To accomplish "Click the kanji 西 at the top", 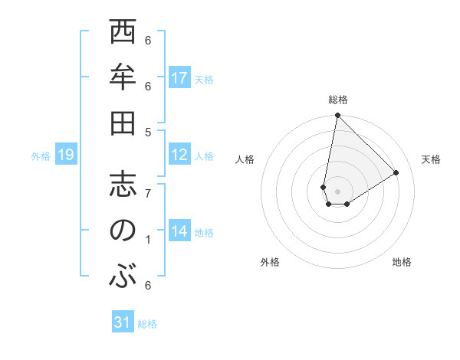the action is pos(123,34).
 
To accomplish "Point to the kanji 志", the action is pos(123,185).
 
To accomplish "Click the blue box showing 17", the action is pos(179,78).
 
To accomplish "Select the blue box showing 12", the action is pos(179,155).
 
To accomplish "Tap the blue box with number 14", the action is pos(179,231).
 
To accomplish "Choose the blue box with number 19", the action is pos(65,155).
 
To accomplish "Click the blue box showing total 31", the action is pos(123,322).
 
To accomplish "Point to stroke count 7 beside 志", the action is pos(148,193).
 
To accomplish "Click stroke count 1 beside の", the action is pos(148,240).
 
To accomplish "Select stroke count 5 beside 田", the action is pos(148,132).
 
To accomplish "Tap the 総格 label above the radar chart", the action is pos(337,100).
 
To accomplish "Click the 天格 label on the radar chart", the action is pos(432,159).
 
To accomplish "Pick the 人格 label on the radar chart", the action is pos(245,159).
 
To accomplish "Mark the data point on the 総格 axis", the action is pos(337,116).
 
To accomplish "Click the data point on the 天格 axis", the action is pos(396,172).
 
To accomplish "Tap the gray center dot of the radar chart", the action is pos(337,191).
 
